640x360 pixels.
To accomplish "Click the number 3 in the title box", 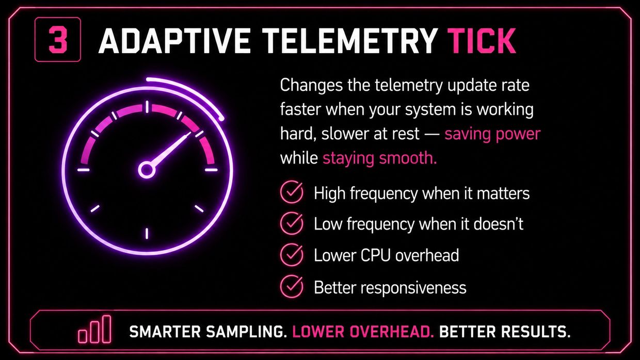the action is (58, 40).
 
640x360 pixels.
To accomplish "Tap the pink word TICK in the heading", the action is (482, 41).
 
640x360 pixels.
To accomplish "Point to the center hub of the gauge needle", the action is (147, 170).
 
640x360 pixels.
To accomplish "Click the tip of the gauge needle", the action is (190, 133).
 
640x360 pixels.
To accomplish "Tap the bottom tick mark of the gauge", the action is (147, 234).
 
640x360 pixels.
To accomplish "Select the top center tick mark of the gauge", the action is (147, 107).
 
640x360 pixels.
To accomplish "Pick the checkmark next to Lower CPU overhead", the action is (292, 255).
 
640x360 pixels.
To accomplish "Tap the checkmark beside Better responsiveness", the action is (292, 287).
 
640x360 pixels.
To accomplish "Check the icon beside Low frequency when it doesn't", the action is (292, 223).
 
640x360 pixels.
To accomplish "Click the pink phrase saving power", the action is (492, 134).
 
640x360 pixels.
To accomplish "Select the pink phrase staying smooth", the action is (380, 158).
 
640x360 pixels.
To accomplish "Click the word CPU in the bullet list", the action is (375, 255).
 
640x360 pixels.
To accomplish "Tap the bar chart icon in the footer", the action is (94, 329).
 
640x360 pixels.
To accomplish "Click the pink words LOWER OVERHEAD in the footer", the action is (363, 332).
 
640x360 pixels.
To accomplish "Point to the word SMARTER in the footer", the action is (165, 332).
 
